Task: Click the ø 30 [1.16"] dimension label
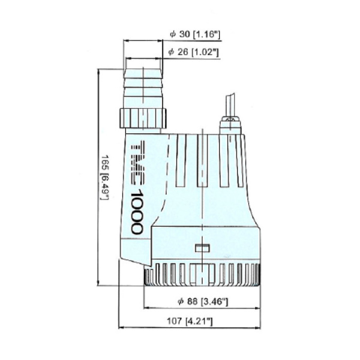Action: pos(195,34)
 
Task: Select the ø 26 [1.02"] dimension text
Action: pos(194,52)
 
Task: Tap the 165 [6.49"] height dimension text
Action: pos(105,177)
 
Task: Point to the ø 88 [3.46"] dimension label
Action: pos(203,301)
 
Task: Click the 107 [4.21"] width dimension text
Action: pos(190,321)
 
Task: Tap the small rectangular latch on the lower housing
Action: pos(202,248)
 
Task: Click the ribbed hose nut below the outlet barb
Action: pos(143,118)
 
